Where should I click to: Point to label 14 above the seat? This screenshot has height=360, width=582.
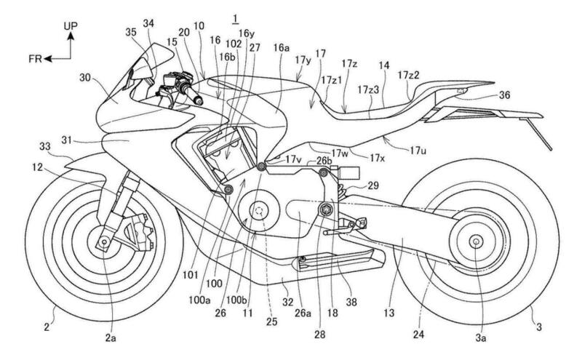(x=383, y=65)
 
